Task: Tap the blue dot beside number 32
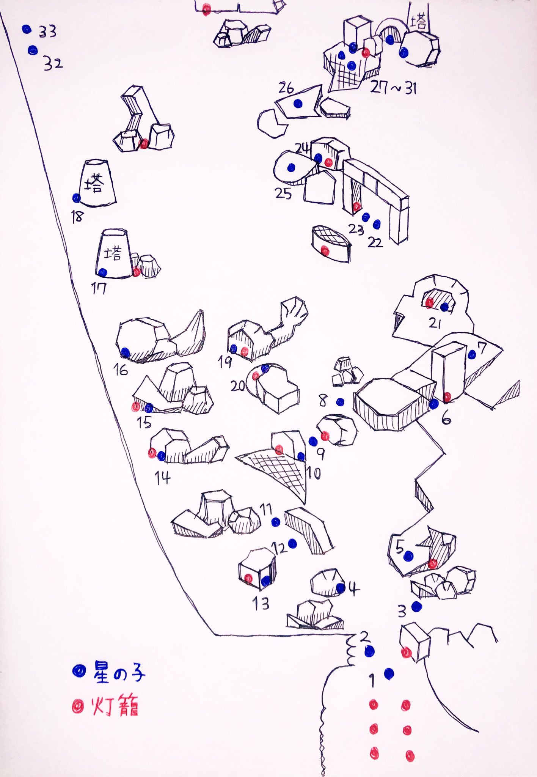click(33, 50)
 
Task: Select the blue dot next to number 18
click(77, 198)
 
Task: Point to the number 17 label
click(99, 289)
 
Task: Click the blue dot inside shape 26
click(297, 103)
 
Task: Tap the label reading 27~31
click(393, 88)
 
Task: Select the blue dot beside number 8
click(340, 402)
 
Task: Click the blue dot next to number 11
click(276, 522)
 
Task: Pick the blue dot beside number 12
click(292, 544)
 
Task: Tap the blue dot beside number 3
click(416, 606)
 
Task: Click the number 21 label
click(435, 323)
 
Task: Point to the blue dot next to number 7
click(472, 355)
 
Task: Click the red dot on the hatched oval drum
click(325, 250)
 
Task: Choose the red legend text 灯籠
click(115, 706)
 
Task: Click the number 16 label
click(121, 370)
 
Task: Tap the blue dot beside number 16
click(125, 352)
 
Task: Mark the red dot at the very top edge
click(206, 10)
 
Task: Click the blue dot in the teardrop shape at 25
click(291, 167)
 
